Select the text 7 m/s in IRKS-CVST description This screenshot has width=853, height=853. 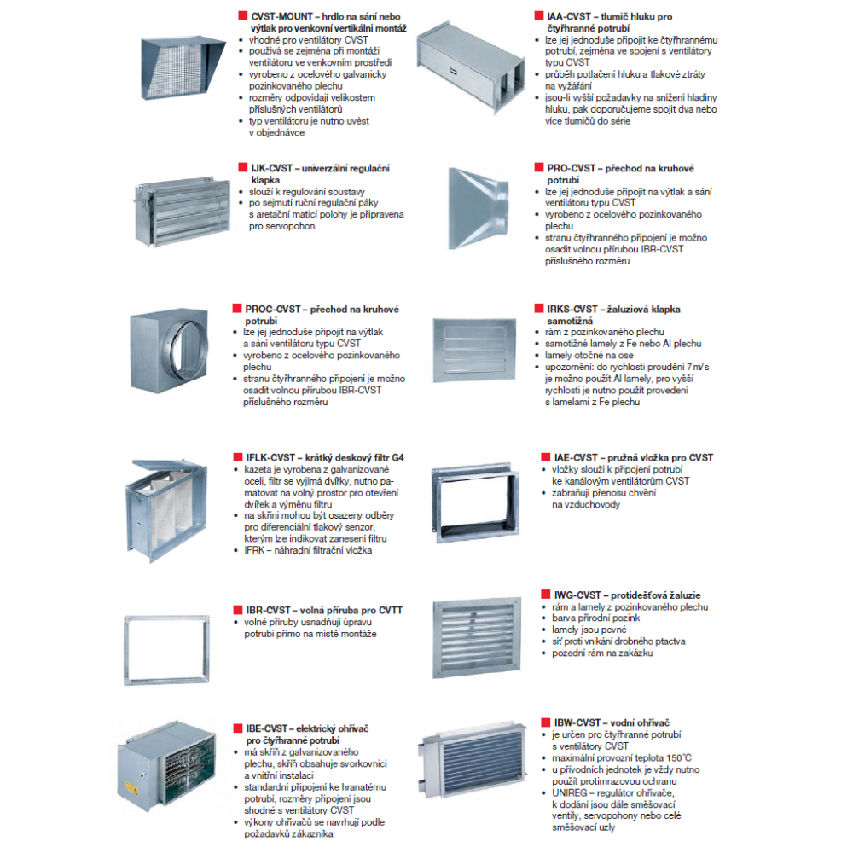[x=696, y=367]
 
